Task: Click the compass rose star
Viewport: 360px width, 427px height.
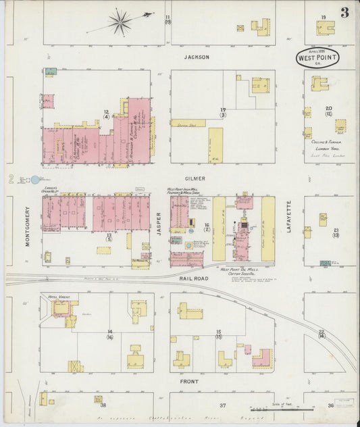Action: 120,23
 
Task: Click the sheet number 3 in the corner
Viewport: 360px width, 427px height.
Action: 344,12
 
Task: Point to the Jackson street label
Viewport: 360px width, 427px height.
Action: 197,57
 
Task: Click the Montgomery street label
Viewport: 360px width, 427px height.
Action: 28,226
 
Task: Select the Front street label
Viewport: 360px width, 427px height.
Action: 188,381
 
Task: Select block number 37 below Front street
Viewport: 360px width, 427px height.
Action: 222,405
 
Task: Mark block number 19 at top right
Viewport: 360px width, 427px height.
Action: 324,18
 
